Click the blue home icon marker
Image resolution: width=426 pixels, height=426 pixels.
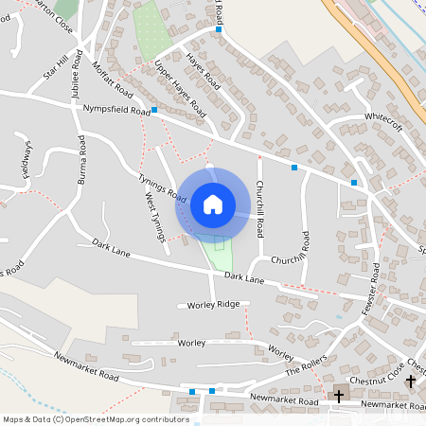pyautogui.click(x=213, y=203)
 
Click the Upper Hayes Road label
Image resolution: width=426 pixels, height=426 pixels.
pyautogui.click(x=180, y=90)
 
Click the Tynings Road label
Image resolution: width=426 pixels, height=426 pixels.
pyautogui.click(x=162, y=186)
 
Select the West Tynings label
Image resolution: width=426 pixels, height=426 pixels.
pyautogui.click(x=154, y=218)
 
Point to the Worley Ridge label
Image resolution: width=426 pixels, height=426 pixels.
pyautogui.click(x=214, y=305)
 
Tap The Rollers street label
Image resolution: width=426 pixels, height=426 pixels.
pyautogui.click(x=306, y=365)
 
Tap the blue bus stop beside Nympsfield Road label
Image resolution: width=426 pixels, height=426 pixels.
pyautogui.click(x=154, y=111)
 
